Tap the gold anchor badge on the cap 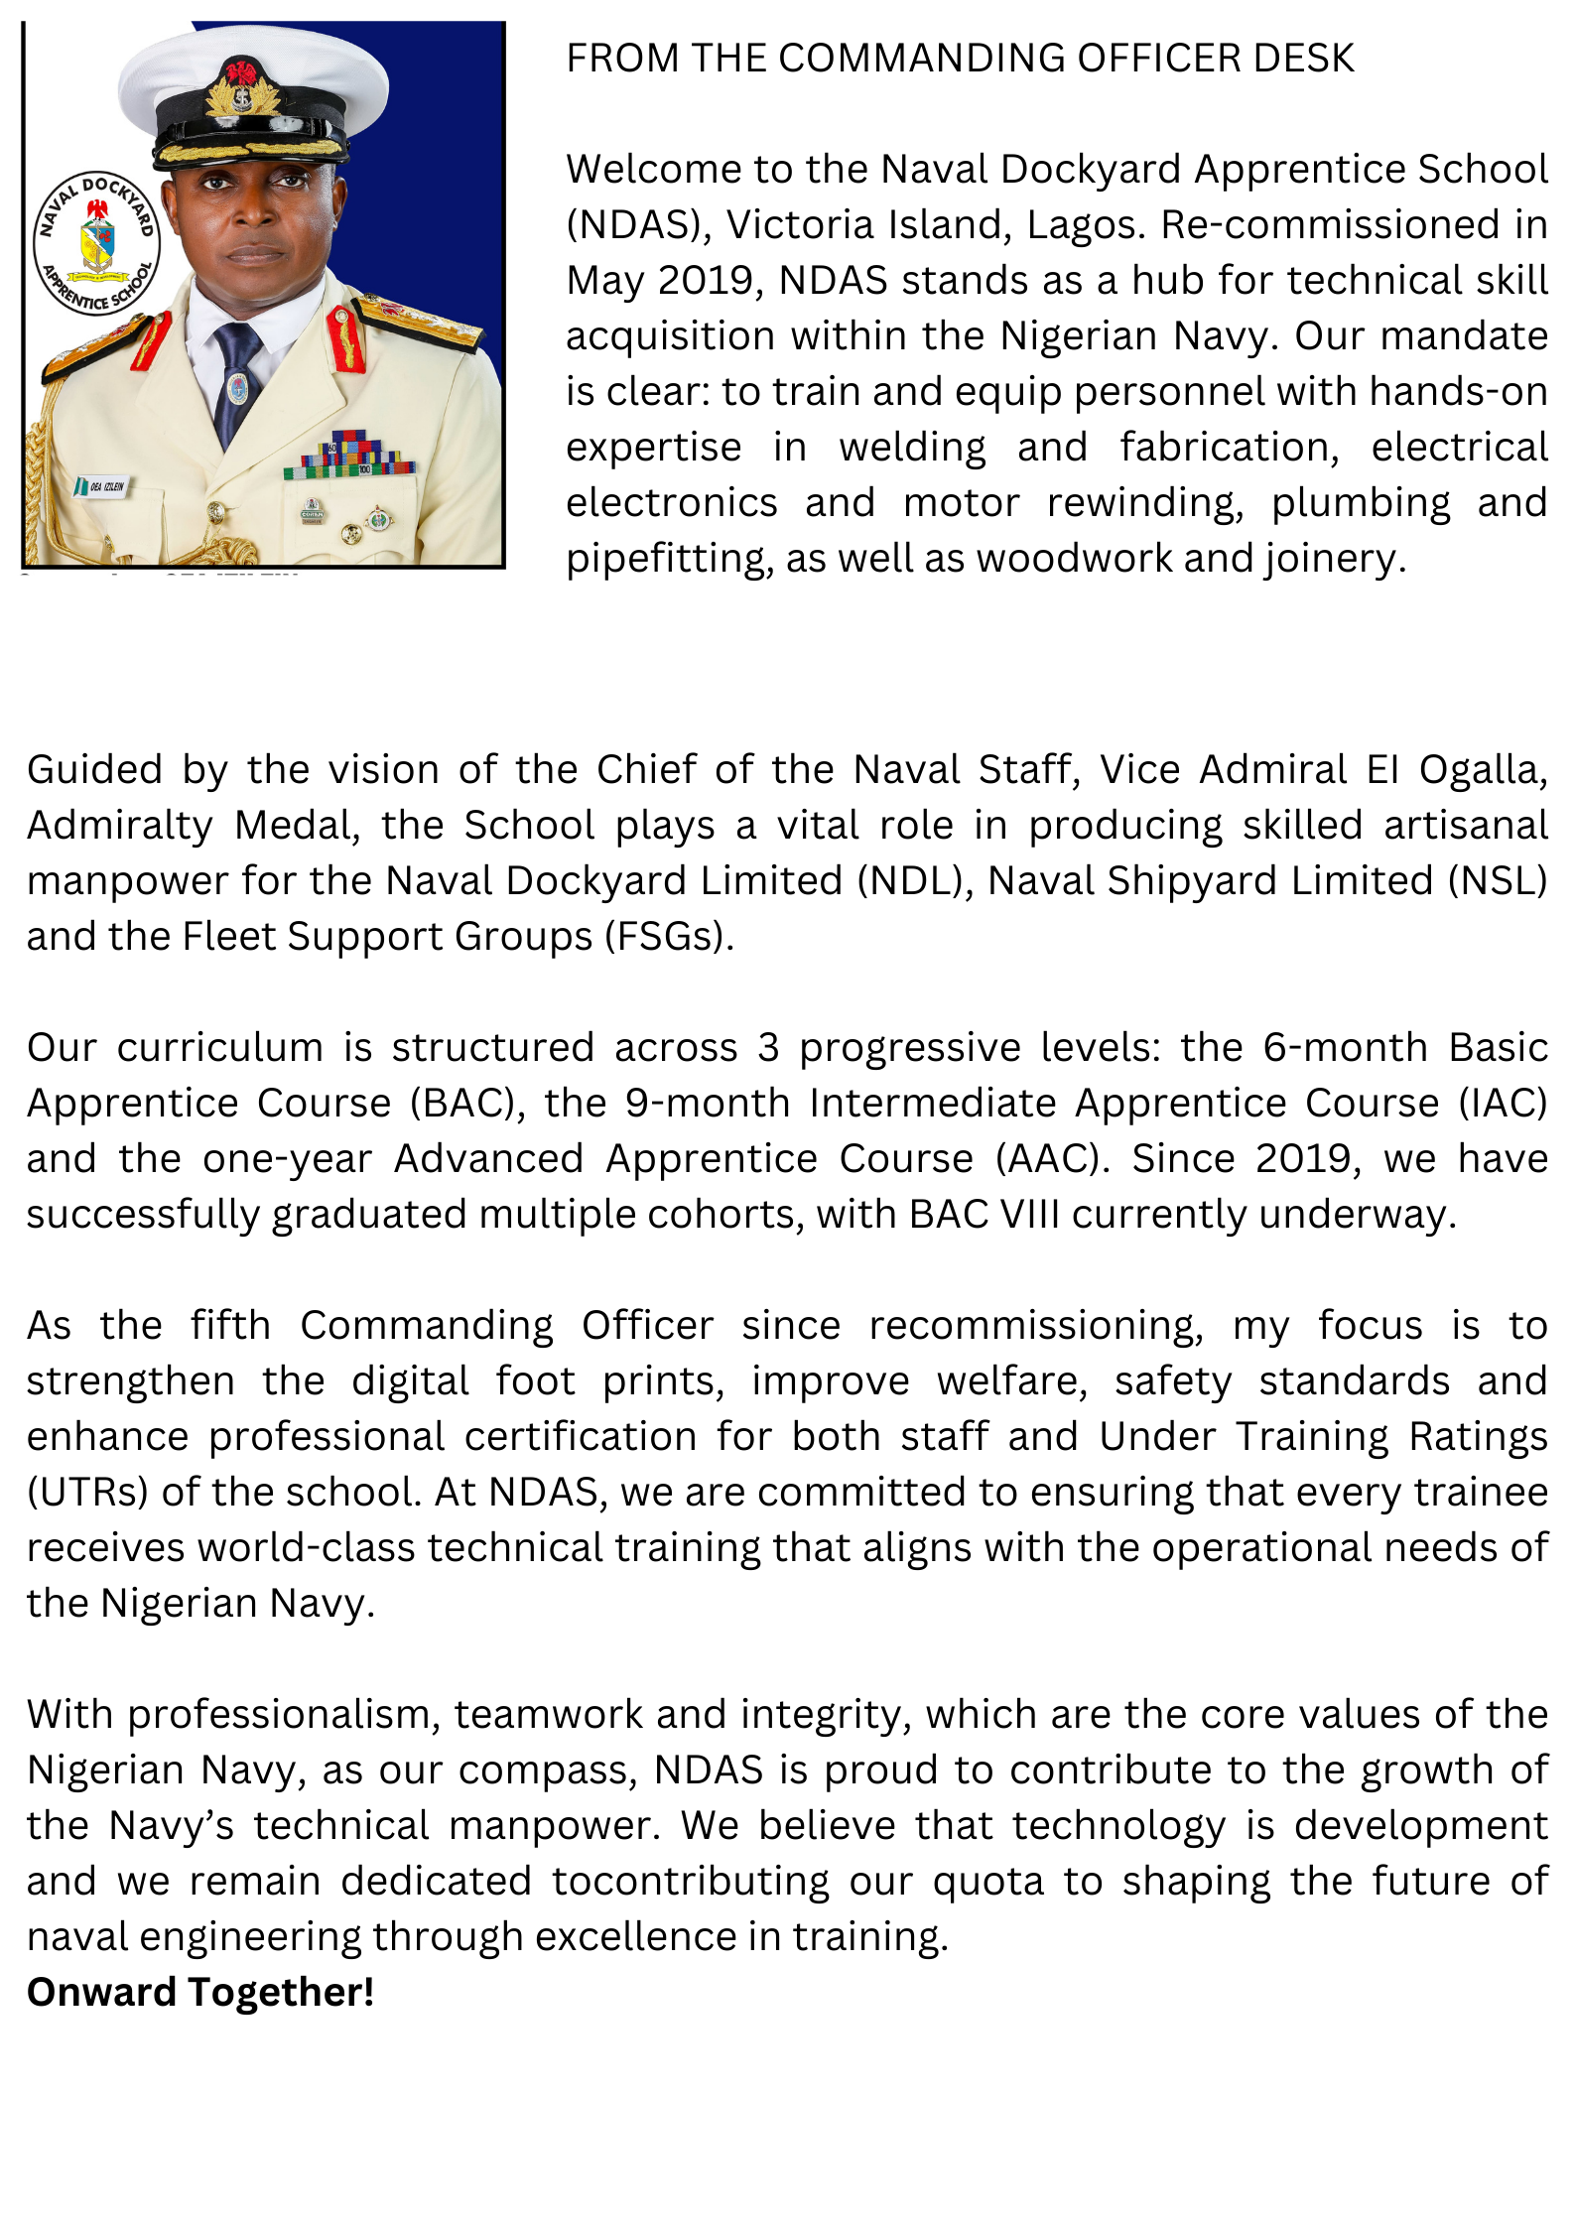tap(238, 94)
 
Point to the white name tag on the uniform tap(103, 486)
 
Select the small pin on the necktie tap(238, 388)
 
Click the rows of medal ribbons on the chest tap(348, 455)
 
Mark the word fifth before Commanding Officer tap(230, 1326)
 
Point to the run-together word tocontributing tap(690, 1882)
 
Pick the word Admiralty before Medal tap(119, 826)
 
